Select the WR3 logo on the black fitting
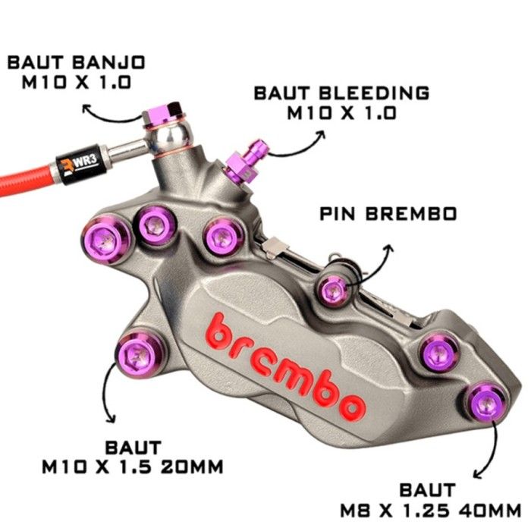click(80, 163)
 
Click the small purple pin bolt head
click(332, 291)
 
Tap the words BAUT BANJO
click(76, 63)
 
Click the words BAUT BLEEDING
click(341, 93)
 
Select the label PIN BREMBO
click(388, 214)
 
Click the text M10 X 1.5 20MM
click(133, 467)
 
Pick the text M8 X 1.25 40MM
click(430, 510)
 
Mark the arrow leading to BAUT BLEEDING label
click(298, 149)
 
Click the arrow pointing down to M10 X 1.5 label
click(105, 393)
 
